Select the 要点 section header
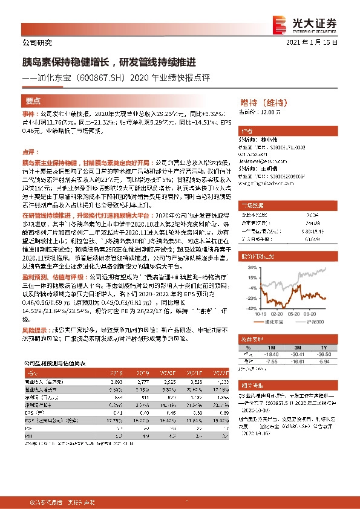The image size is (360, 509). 33,101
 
